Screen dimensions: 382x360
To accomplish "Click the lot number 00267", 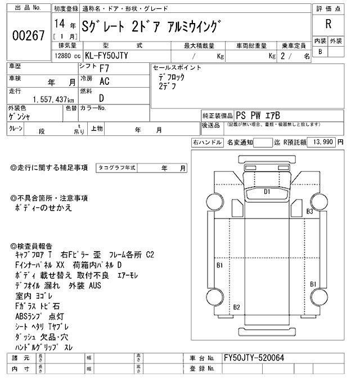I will point(28,35).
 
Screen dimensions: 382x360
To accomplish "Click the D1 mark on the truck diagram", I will point(267,192).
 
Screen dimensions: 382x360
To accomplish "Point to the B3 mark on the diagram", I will point(309,211).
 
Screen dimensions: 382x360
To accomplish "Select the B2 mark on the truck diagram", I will point(237,306).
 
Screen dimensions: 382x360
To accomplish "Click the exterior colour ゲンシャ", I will point(21,116).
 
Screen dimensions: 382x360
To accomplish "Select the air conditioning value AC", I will point(104,81).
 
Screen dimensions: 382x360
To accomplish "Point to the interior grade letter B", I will point(320,52).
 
